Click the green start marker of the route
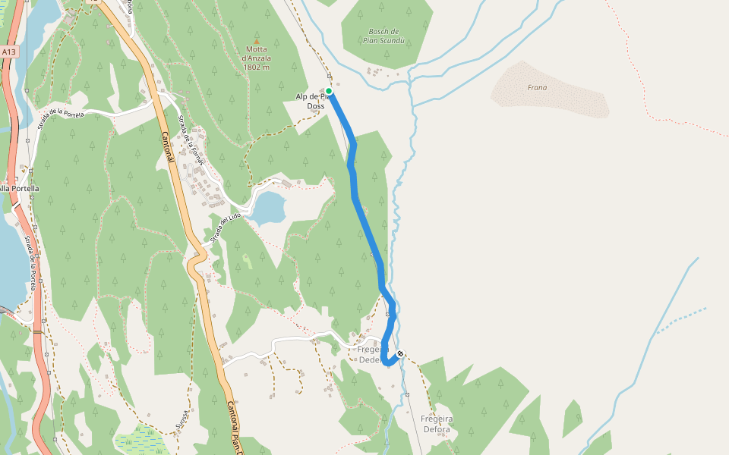click(x=329, y=91)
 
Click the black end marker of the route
click(x=400, y=353)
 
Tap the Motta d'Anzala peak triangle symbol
click(x=256, y=42)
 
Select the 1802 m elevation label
click(x=257, y=67)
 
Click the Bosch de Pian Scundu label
click(x=384, y=36)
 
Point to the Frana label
click(x=537, y=87)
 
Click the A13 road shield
click(x=8, y=52)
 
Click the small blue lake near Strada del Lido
click(x=267, y=208)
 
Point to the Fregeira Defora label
click(x=435, y=424)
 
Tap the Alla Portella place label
click(x=18, y=188)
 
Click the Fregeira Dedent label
click(x=370, y=355)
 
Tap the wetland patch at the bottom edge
click(x=137, y=440)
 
